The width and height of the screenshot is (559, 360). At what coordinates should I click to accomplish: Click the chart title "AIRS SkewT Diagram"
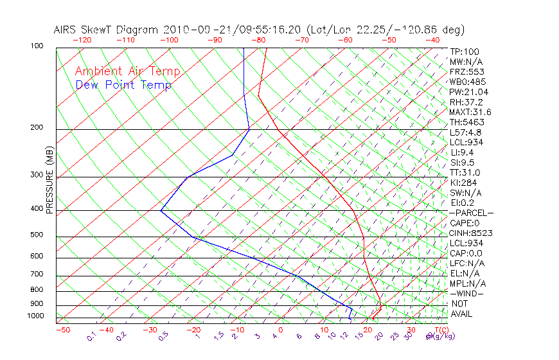click(106, 30)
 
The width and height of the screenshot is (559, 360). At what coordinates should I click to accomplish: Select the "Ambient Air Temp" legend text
click(127, 71)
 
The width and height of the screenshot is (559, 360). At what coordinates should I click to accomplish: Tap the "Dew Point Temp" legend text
click(123, 85)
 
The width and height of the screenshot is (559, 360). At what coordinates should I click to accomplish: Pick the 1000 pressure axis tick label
click(36, 316)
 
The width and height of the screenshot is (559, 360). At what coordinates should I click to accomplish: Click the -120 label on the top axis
click(82, 40)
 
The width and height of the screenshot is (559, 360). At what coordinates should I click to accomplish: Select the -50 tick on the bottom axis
click(62, 330)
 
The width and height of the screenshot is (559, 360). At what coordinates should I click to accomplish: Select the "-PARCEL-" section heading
click(471, 213)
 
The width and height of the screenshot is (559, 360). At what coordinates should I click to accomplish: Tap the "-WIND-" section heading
click(466, 293)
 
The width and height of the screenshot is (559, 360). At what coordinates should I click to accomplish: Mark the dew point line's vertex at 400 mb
click(161, 210)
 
